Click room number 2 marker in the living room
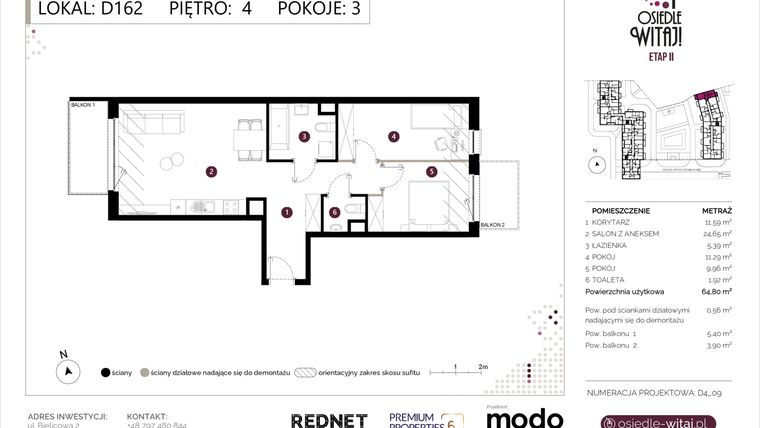pos(211,171)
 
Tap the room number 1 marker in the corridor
pos(286,211)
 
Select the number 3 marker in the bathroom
pos(303,137)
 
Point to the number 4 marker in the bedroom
pos(394,136)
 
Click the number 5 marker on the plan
pos(431,171)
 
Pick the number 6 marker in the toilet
pos(335,211)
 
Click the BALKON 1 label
pos(82,104)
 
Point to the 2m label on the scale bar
pos(483,367)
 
